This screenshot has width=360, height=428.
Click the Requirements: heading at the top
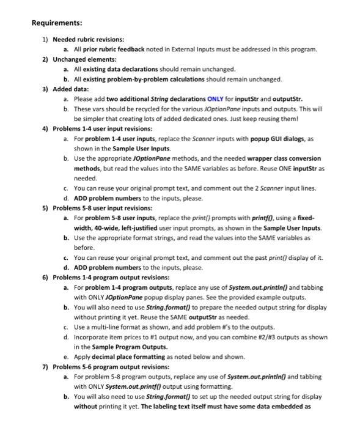(57, 23)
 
